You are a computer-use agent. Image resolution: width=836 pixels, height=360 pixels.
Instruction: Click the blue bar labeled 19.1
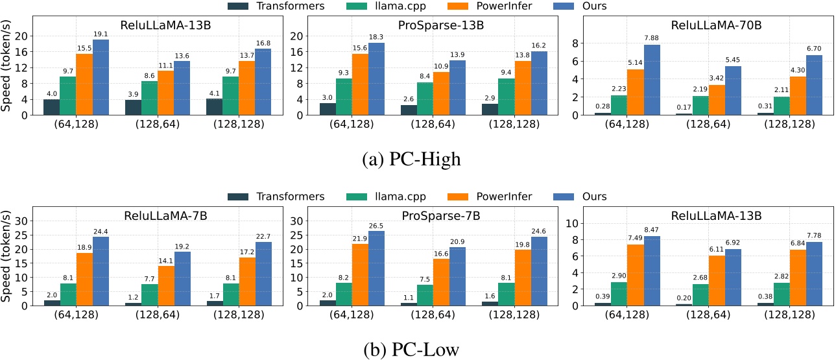click(101, 77)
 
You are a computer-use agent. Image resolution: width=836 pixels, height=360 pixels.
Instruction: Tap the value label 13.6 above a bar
click(182, 55)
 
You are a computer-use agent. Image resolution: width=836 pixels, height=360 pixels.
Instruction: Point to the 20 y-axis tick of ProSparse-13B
click(294, 36)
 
